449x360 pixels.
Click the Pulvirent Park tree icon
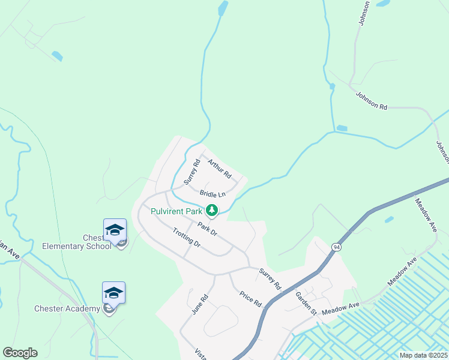tap(211, 211)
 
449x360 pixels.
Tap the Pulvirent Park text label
tap(176, 211)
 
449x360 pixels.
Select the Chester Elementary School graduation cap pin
tap(115, 230)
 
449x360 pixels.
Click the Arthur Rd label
tap(220, 168)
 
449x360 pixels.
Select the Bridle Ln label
tap(212, 194)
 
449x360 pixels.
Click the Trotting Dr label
tap(186, 238)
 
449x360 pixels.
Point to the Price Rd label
tap(251, 299)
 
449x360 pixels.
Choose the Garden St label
tap(306, 304)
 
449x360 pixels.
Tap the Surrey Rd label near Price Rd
tap(270, 279)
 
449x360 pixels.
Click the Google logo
tap(20, 353)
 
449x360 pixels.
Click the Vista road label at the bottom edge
tap(200, 355)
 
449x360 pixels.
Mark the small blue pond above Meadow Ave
tap(390, 219)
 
